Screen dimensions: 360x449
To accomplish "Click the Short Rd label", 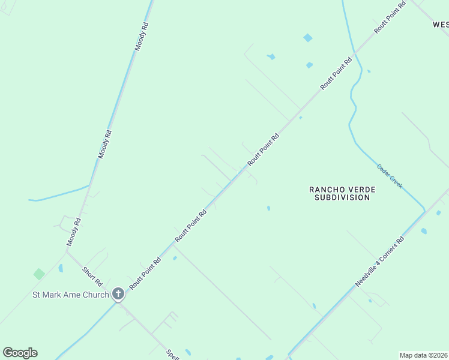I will point(94,277).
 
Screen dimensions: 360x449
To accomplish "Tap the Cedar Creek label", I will point(390,176).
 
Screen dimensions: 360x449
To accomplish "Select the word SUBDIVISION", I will point(342,197).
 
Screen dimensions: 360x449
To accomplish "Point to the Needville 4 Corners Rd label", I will point(379,262).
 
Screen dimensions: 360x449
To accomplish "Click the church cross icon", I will point(118,294).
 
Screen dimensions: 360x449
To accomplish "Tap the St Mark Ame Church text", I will point(71,295).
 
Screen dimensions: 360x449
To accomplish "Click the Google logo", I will point(20,353).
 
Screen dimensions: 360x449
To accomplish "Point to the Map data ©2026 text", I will point(424,355).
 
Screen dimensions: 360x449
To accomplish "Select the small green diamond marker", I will point(39,274).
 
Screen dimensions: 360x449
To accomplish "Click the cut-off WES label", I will point(440,25).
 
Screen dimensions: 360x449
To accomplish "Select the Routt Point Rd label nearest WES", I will point(390,16).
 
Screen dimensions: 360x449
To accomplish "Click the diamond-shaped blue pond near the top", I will point(308,38).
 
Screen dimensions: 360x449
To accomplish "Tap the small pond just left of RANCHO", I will point(268,208).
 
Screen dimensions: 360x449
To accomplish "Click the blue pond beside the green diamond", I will point(61,268).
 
